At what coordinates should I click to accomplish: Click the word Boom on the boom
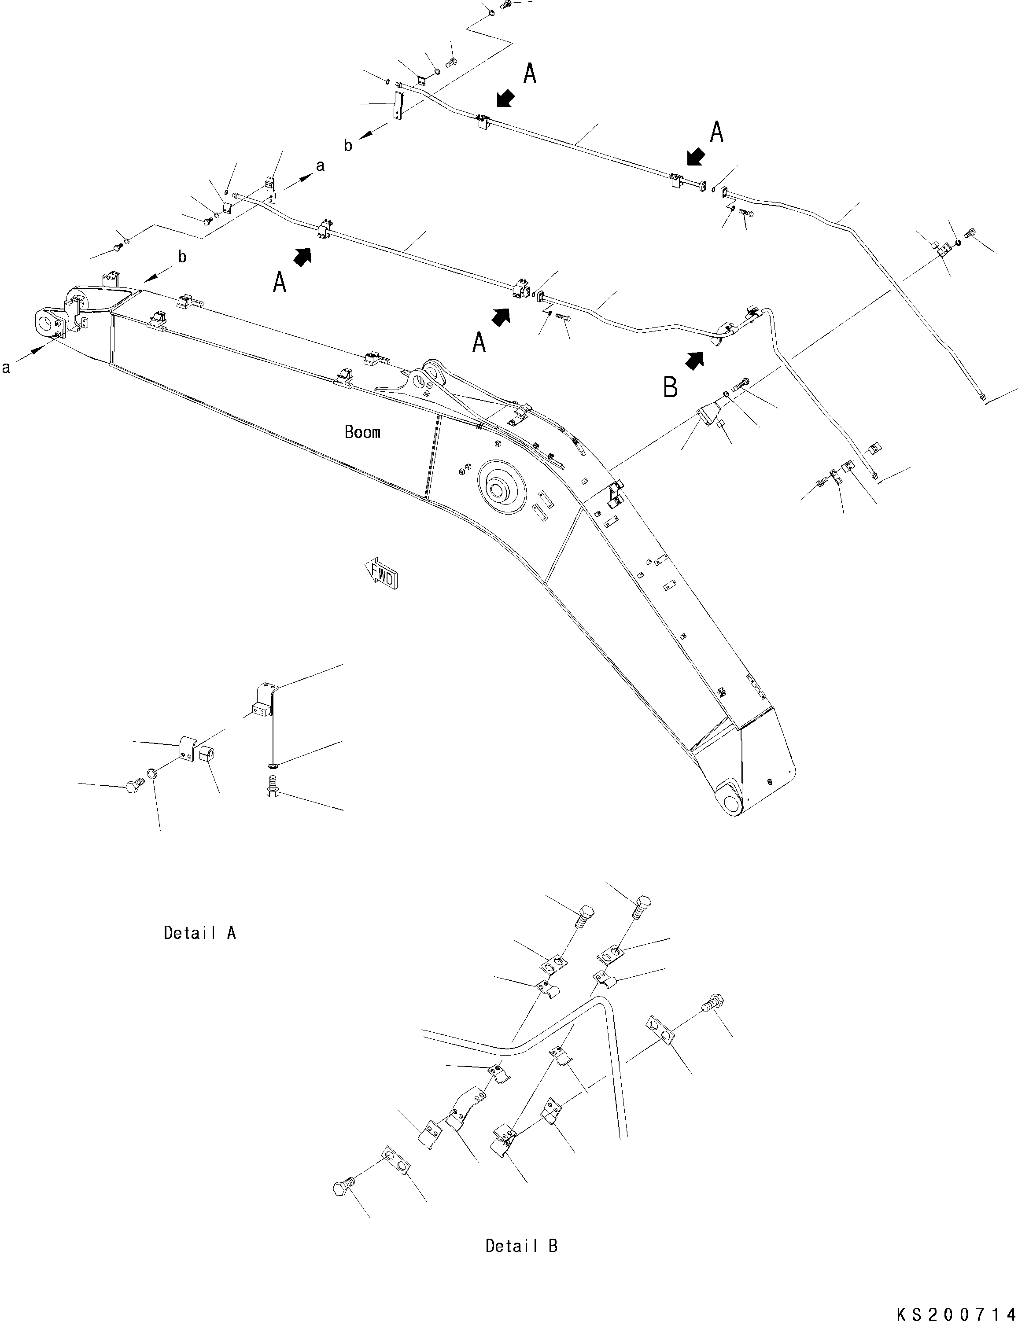coord(362,432)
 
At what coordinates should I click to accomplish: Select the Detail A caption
coord(199,933)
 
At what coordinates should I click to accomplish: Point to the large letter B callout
coord(670,387)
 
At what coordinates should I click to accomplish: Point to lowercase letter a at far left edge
coord(6,367)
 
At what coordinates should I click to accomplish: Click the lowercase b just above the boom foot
coord(181,257)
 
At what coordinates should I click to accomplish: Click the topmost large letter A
coord(529,74)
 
